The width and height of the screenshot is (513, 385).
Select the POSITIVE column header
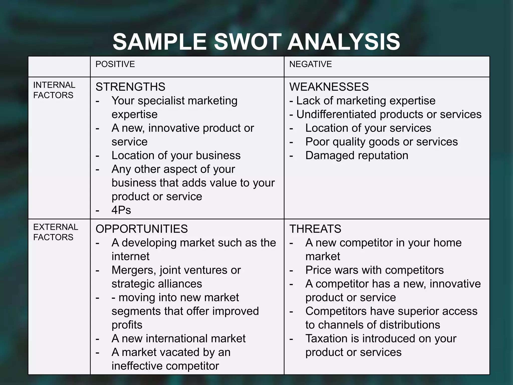tap(115, 64)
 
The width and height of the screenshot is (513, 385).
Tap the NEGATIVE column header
tap(310, 64)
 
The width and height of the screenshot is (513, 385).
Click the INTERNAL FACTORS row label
tap(54, 90)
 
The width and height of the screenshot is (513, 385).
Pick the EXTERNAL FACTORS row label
tap(55, 232)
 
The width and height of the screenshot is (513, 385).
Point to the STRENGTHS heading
tap(130, 87)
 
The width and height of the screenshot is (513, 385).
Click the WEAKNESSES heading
tap(329, 87)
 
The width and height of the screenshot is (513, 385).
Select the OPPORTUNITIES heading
tap(142, 229)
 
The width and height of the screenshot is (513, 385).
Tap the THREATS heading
tap(315, 229)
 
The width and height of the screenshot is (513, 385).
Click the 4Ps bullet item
tap(121, 210)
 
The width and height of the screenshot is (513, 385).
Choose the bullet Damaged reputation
tap(357, 155)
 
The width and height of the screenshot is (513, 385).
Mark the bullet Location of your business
tap(176, 155)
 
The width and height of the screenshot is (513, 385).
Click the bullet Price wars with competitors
tap(374, 270)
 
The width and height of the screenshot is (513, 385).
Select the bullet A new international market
tap(178, 339)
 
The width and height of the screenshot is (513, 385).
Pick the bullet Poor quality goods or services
tap(381, 142)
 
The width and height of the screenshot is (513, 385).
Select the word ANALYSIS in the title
tap(344, 42)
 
